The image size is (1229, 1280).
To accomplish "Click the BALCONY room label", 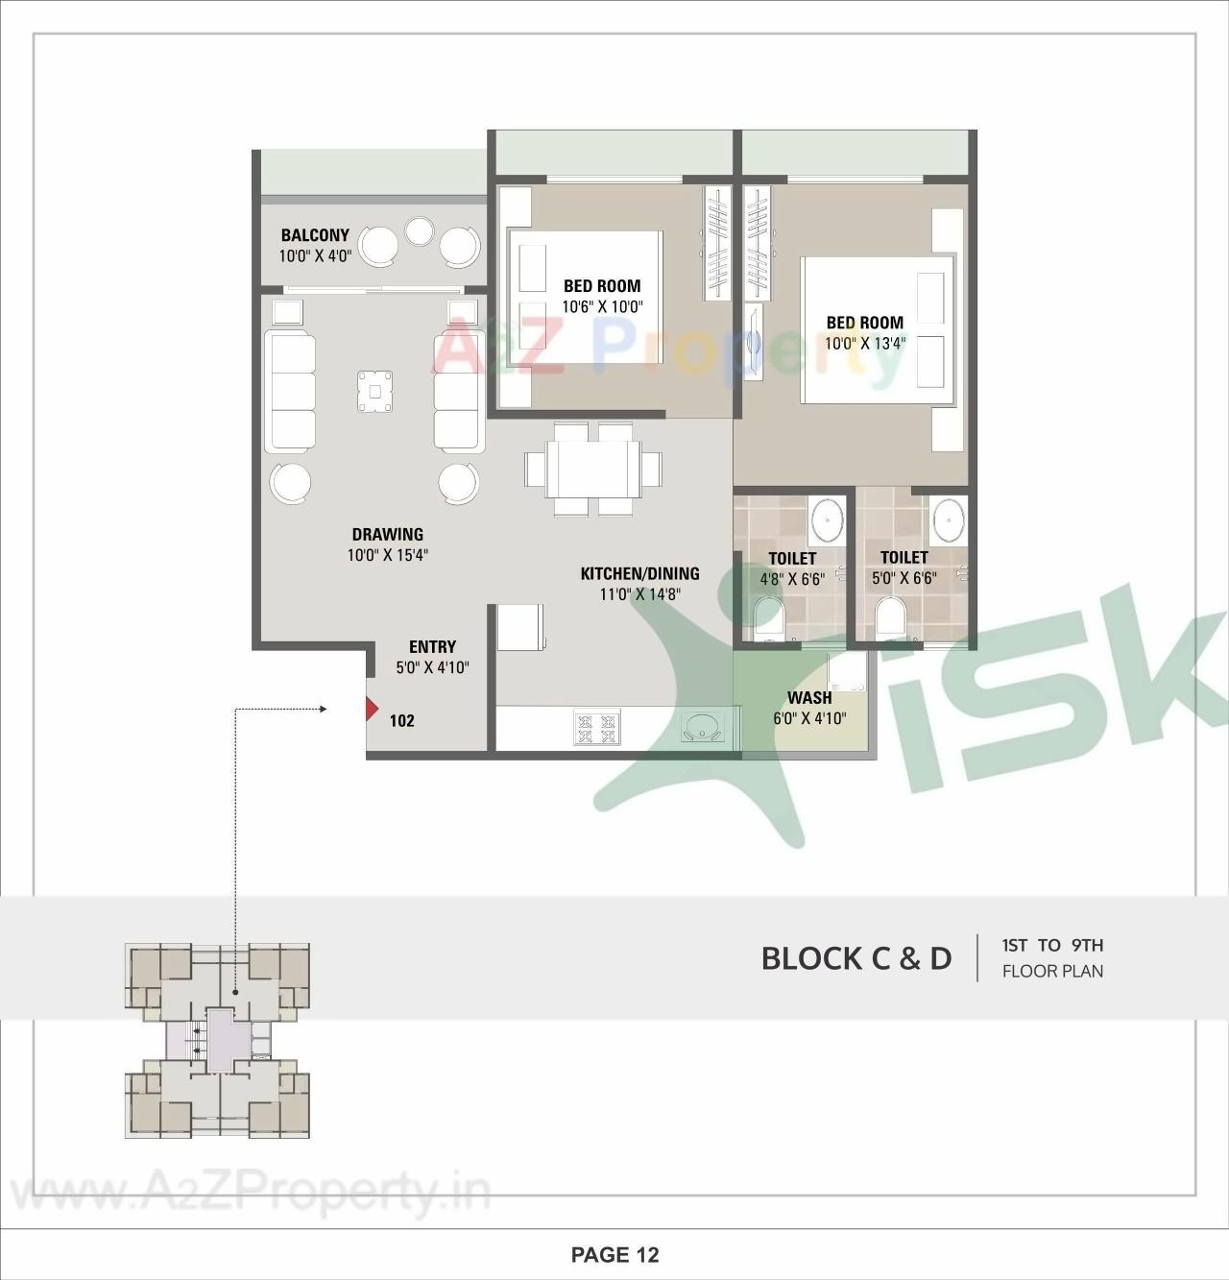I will click(315, 235).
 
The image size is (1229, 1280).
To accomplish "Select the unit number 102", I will click(402, 720).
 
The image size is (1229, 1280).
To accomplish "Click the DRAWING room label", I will click(387, 535).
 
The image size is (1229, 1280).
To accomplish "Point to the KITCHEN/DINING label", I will click(639, 574).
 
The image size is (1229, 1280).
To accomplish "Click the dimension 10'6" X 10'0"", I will click(602, 306).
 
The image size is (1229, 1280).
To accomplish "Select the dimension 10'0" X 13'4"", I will click(865, 343).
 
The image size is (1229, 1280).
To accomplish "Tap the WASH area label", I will click(809, 698).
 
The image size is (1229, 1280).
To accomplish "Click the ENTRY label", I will click(432, 647).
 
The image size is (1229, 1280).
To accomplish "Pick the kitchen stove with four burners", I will click(597, 727).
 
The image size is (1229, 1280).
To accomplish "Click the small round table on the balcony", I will click(420, 230).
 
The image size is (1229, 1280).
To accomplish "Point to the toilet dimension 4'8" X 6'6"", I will click(792, 579).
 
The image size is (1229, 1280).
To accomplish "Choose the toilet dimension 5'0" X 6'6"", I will click(904, 578).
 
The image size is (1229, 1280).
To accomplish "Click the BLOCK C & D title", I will click(855, 957).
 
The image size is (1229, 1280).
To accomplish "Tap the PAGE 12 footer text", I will click(614, 1254).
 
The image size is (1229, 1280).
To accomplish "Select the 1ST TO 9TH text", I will click(1052, 945).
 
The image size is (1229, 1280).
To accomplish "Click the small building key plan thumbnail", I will click(218, 1042).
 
